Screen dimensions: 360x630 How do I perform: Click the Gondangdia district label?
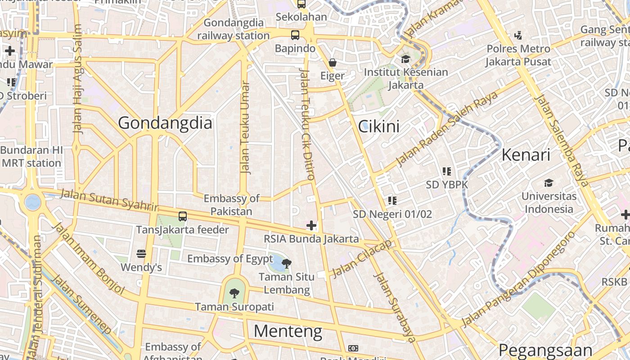pyautogui.click(x=165, y=123)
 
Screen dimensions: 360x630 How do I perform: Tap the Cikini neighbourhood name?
pyautogui.click(x=378, y=126)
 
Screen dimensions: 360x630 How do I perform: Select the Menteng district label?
pyautogui.click(x=288, y=331)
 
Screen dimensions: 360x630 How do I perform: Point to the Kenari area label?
pyautogui.click(x=526, y=155)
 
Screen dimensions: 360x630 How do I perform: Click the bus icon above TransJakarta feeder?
pyautogui.click(x=182, y=216)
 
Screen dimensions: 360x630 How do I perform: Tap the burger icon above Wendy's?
pyautogui.click(x=141, y=254)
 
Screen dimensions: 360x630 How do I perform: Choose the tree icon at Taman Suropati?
pyautogui.click(x=234, y=293)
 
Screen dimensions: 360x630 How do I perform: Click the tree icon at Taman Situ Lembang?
pyautogui.click(x=286, y=263)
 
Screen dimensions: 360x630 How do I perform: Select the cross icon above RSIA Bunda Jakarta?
pyautogui.click(x=311, y=225)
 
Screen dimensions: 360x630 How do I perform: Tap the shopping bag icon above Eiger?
pyautogui.click(x=332, y=62)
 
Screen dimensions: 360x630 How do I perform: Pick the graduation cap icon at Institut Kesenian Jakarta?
pyautogui.click(x=405, y=59)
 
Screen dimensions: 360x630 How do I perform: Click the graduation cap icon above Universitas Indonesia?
pyautogui.click(x=549, y=183)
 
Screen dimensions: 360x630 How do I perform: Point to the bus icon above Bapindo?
pyautogui.click(x=295, y=35)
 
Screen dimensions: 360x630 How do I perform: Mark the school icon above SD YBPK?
pyautogui.click(x=446, y=171)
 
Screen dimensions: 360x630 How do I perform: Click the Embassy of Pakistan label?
pyautogui.click(x=231, y=205)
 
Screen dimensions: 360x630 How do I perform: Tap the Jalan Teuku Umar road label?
pyautogui.click(x=245, y=127)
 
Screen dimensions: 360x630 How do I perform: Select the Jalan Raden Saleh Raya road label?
pyautogui.click(x=446, y=129)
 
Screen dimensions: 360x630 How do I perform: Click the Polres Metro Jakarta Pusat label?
pyautogui.click(x=518, y=55)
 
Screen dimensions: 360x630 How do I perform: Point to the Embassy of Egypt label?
pyautogui.click(x=230, y=259)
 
